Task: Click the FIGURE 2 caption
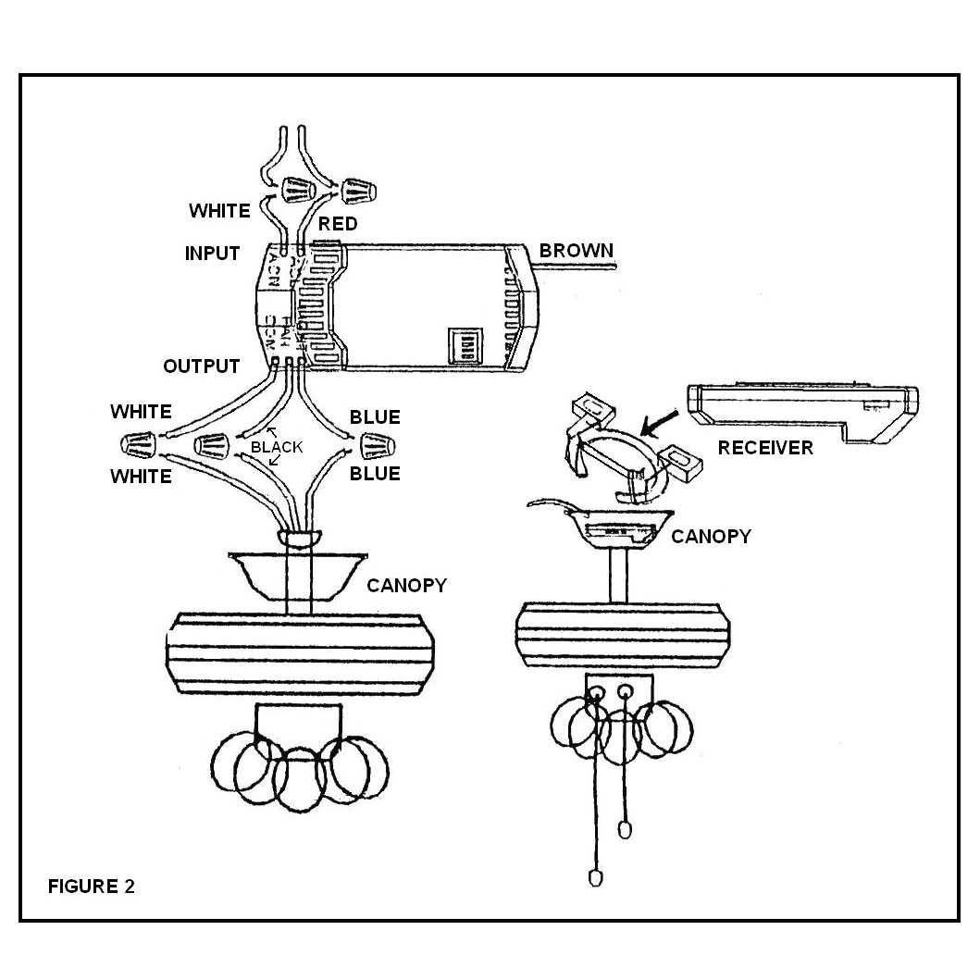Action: [x=91, y=887]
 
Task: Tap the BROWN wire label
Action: [x=576, y=250]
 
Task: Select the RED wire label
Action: [x=338, y=224]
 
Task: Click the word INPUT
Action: [x=212, y=254]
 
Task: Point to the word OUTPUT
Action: [x=201, y=366]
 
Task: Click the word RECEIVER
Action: [x=765, y=448]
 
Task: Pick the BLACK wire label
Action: [x=277, y=447]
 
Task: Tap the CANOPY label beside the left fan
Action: [x=406, y=585]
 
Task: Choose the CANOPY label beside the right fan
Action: [x=710, y=536]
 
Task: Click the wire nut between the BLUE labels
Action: [x=378, y=446]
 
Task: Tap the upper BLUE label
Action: [x=375, y=417]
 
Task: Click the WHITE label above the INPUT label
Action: [x=219, y=211]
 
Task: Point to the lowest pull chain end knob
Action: [x=595, y=877]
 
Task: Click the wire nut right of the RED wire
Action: [x=355, y=192]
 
